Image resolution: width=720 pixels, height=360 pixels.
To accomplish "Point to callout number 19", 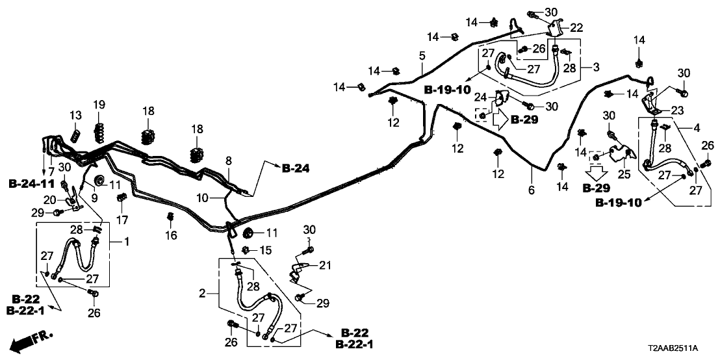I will tap(99, 105).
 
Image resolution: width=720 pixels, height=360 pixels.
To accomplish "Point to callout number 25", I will tap(624, 174).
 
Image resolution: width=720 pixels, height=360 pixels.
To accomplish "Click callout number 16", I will tap(171, 236).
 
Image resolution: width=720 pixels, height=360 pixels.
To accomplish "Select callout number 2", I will tap(202, 294).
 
